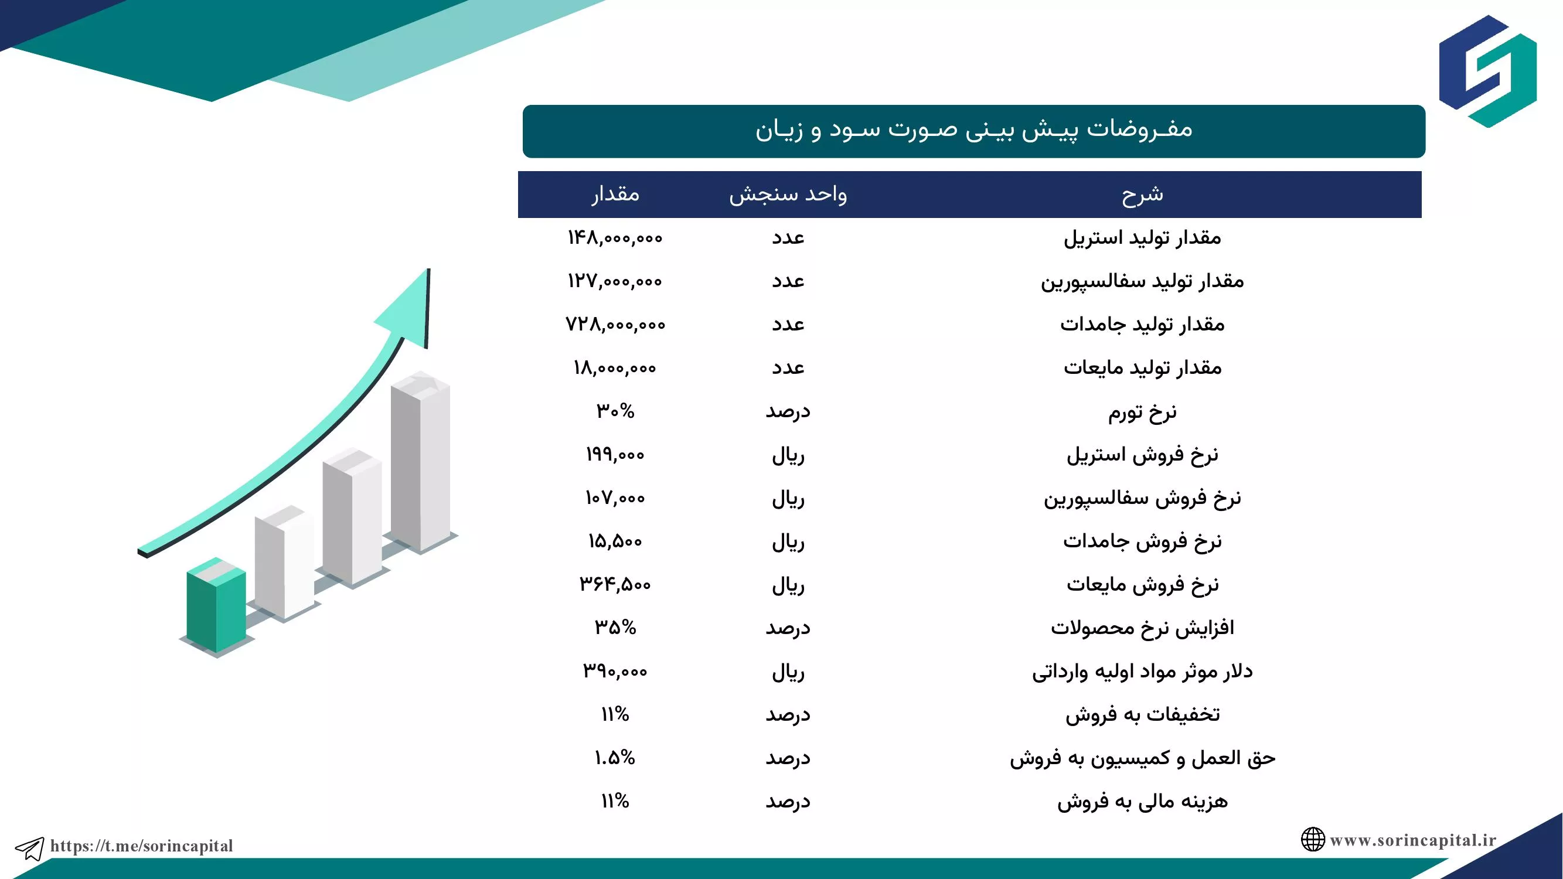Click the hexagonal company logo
click(1488, 71)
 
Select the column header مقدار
click(615, 194)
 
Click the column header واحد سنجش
click(788, 194)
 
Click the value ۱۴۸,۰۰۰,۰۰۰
click(615, 238)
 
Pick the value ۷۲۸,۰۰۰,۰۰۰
click(615, 325)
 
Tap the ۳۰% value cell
click(615, 411)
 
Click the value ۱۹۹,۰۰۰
click(615, 454)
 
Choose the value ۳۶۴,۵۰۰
click(615, 584)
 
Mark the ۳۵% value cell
click(615, 627)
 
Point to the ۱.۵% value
click(615, 758)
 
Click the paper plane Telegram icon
click(29, 848)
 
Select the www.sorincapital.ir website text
click(1413, 840)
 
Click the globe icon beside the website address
click(1312, 840)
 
